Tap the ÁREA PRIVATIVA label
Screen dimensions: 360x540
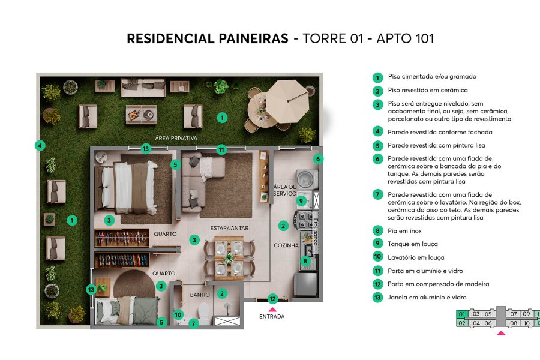176,138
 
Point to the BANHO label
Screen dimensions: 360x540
199,295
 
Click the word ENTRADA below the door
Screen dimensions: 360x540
272,316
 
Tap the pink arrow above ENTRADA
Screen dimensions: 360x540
272,309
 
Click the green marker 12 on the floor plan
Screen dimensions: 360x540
272,299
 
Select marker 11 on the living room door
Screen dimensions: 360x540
221,149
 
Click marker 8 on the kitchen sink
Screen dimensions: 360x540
305,261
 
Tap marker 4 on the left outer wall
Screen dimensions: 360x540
39,145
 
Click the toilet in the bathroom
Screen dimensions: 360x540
204,312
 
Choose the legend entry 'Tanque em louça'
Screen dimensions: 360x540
413,244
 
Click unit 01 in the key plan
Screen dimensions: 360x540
462,314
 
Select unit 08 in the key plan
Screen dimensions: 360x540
513,323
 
